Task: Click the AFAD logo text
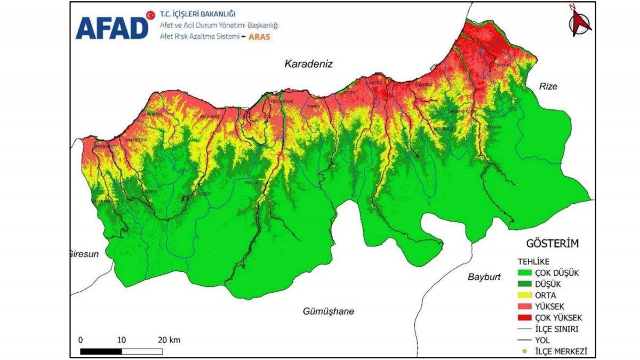[x=111, y=28]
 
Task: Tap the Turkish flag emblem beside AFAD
[x=150, y=14]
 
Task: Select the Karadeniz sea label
[x=308, y=64]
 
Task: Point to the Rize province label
[x=548, y=86]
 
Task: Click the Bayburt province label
[x=485, y=277]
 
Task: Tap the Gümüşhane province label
[x=328, y=311]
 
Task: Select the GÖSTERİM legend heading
[x=552, y=244]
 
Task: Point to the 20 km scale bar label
[x=169, y=340]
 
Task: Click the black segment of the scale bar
[x=101, y=351]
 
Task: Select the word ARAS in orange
[x=259, y=37]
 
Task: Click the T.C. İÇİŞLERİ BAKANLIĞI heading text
[x=197, y=14]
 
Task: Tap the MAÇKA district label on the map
[x=251, y=182]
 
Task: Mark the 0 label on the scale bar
[x=81, y=340]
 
